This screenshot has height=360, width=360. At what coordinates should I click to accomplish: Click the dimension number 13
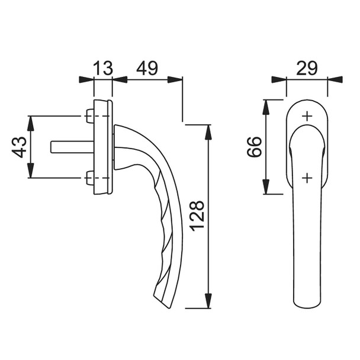click(103, 68)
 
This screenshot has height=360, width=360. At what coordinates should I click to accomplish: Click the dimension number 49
click(147, 68)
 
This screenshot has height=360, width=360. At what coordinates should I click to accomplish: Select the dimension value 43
click(20, 147)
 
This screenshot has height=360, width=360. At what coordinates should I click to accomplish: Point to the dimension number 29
click(307, 68)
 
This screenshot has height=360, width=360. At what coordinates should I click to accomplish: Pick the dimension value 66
click(253, 147)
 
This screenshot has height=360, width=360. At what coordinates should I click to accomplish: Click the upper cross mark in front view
click(307, 117)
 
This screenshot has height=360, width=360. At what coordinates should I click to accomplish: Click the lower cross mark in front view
click(307, 177)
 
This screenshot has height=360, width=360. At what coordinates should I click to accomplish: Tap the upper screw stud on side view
click(89, 116)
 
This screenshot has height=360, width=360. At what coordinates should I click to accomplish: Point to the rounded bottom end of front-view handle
click(307, 302)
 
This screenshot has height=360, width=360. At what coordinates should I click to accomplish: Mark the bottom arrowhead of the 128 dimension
click(208, 302)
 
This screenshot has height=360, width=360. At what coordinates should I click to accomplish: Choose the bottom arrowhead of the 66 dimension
click(266, 188)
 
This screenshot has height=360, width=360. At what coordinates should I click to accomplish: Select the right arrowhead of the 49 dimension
click(176, 79)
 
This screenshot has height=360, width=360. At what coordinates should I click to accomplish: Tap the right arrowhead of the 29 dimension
click(336, 79)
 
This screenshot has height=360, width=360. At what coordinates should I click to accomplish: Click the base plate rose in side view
click(105, 147)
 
